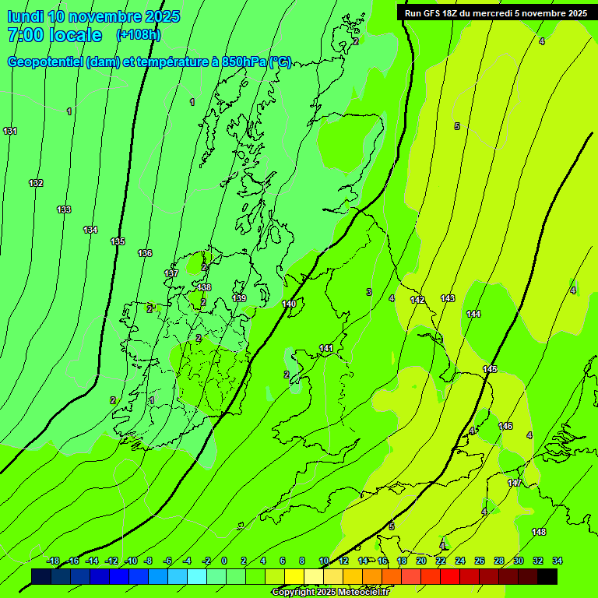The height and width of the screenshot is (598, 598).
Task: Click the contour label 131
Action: [x=10, y=131]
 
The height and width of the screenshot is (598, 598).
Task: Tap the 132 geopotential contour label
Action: [x=36, y=183]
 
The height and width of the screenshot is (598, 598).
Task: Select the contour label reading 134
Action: [x=90, y=230]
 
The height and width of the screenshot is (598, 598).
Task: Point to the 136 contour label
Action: [x=145, y=253]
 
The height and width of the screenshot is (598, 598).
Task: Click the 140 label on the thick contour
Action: [x=289, y=304]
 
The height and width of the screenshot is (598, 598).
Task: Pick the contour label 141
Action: [x=326, y=348]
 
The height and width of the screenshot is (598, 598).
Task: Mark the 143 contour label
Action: [x=448, y=298]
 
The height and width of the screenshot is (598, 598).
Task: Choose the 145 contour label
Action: [x=490, y=369]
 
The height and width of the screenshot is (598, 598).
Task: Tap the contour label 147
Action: [x=515, y=483]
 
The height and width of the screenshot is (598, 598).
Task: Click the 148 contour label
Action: [x=539, y=532]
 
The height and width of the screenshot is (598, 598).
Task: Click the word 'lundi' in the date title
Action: [x=25, y=16]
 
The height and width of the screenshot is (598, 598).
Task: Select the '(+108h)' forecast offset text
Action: [x=139, y=35]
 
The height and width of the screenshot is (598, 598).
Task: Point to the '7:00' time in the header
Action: [x=25, y=35]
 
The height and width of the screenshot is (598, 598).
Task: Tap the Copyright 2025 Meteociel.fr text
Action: [x=330, y=593]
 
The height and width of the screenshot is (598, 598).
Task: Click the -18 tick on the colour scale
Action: [x=53, y=561]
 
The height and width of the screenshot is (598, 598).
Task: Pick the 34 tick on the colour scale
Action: [x=558, y=561]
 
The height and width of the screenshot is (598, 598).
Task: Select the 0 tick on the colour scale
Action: [x=224, y=561]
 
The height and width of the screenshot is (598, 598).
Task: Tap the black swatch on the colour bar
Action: [x=547, y=576]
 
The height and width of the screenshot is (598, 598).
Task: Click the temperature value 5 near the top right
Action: [x=457, y=126]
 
